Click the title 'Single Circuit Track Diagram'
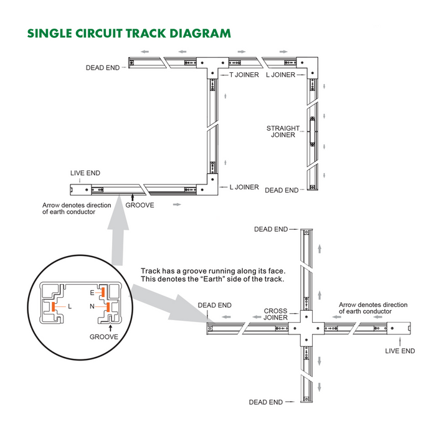pos(129,33)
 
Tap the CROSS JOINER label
pos(275,314)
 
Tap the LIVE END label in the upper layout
pos(85,173)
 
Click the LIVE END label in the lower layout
pos(400,351)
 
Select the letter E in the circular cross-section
pos(92,291)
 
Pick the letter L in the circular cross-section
pos(70,306)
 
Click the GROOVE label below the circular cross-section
pos(103,336)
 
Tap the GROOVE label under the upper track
pos(140,204)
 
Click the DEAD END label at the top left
pos(103,68)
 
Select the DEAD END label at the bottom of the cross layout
pos(266,402)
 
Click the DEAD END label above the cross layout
pos(271,229)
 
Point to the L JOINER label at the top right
pos(280,75)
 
